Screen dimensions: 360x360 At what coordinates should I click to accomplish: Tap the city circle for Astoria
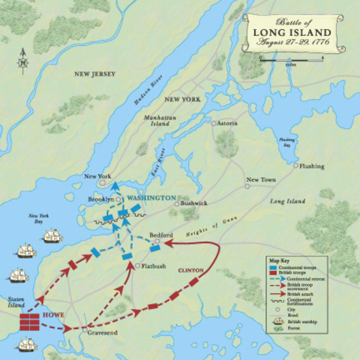(x=214, y=123)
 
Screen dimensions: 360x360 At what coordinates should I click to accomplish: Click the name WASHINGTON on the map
(x=151, y=198)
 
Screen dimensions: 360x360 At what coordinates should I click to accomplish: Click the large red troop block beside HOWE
(x=30, y=321)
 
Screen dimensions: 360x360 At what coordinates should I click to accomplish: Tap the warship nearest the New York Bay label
(x=52, y=236)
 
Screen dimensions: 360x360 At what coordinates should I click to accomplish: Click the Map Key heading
(x=278, y=261)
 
